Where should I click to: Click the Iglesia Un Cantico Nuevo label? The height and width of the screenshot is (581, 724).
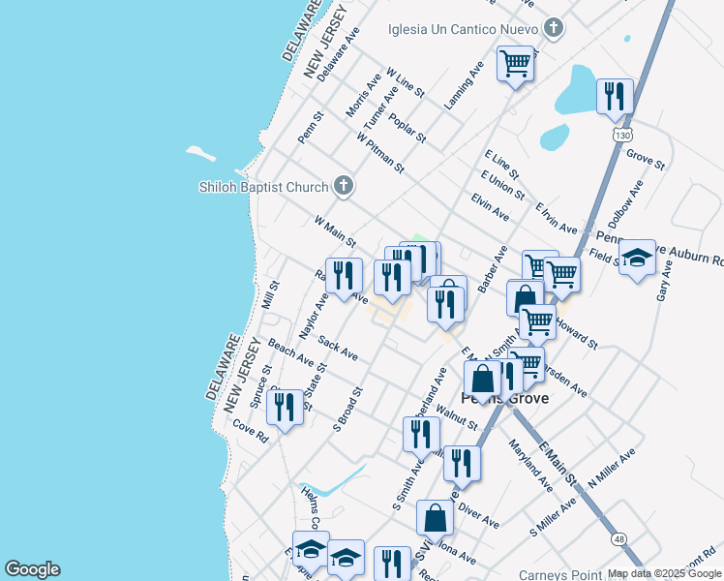pyautogui.click(x=462, y=27)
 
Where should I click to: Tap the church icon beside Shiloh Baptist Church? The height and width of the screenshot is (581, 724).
pyautogui.click(x=343, y=185)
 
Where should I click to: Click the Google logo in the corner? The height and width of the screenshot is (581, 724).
pyautogui.click(x=32, y=569)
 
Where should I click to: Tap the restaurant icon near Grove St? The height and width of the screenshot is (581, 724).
pyautogui.click(x=615, y=97)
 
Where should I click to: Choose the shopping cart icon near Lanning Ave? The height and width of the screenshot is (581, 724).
pyautogui.click(x=516, y=64)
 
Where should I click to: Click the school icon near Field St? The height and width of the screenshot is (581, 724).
pyautogui.click(x=637, y=258)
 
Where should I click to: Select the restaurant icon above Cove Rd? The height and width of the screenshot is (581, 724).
pyautogui.click(x=284, y=407)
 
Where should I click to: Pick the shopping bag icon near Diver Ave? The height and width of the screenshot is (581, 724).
pyautogui.click(x=436, y=517)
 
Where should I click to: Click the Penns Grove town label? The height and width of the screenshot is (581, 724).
pyautogui.click(x=504, y=398)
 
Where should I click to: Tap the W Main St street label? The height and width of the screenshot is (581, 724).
pyautogui.click(x=335, y=231)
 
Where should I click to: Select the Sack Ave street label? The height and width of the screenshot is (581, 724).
pyautogui.click(x=338, y=351)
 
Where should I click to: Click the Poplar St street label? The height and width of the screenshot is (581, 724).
pyautogui.click(x=407, y=128)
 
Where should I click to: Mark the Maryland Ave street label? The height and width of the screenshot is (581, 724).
pyautogui.click(x=531, y=464)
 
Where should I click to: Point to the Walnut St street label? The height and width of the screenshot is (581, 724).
pyautogui.click(x=457, y=417)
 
